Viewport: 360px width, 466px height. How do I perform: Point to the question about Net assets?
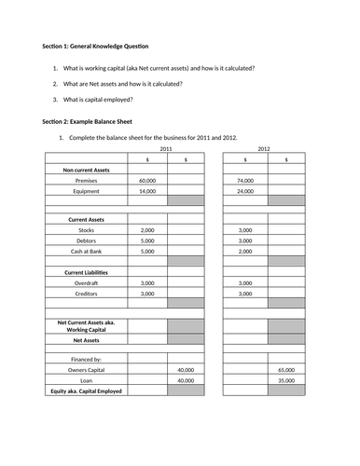(121, 83)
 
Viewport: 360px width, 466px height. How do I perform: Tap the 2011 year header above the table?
(166, 148)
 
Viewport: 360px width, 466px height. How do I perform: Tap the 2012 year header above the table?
(264, 148)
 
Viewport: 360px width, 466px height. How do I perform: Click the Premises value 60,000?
(147, 180)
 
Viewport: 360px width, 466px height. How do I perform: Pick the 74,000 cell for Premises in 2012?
(245, 180)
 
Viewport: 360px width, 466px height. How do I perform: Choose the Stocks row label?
(86, 229)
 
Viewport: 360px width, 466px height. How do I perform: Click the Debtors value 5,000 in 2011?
(147, 240)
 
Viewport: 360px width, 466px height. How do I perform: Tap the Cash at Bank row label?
(86, 251)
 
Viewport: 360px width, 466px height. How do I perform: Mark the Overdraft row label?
(86, 282)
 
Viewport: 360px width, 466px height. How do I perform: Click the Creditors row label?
(86, 294)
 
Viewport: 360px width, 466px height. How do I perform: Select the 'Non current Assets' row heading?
(86, 170)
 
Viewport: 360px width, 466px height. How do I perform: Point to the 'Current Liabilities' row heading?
(86, 272)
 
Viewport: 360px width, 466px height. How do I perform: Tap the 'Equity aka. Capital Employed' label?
(86, 391)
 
